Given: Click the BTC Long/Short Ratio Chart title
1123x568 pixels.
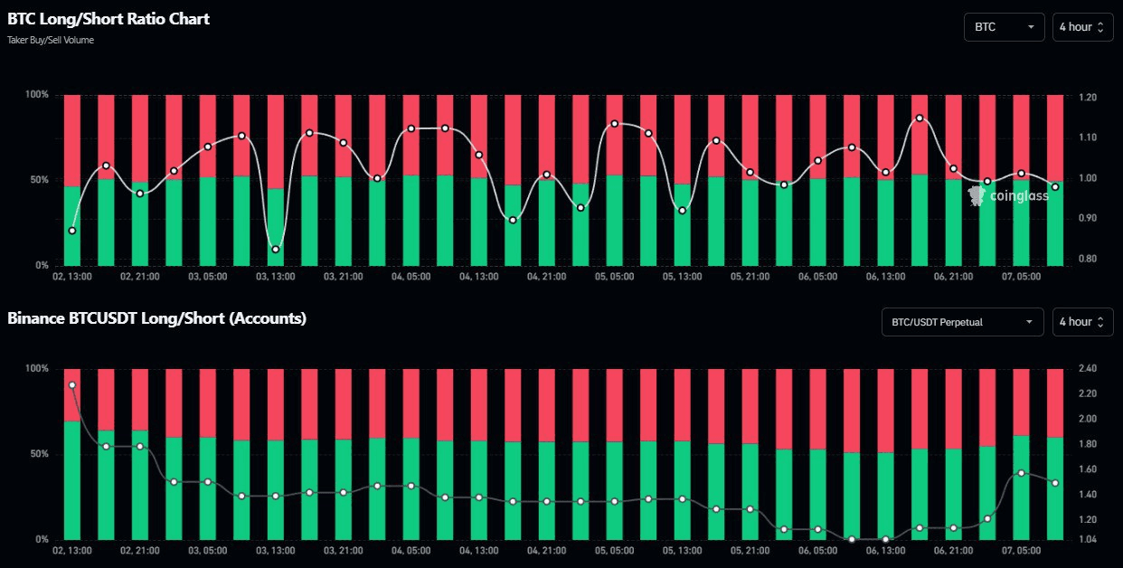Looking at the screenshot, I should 109,19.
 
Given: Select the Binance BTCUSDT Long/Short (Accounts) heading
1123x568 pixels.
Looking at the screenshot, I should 156,318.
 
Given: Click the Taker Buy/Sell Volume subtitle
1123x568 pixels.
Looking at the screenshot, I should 50,40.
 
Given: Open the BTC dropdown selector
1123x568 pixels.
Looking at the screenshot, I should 1004,27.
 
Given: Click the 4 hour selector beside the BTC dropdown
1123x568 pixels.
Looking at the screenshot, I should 1082,27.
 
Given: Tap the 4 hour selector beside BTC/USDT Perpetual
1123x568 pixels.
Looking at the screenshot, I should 1082,322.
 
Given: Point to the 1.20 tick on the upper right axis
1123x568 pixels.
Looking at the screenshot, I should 1086,97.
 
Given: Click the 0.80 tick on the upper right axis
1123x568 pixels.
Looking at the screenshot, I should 1086,260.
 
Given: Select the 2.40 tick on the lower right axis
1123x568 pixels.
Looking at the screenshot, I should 1086,369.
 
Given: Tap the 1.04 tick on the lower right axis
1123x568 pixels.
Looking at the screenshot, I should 1086,540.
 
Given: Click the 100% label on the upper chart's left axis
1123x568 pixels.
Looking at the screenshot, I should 37,95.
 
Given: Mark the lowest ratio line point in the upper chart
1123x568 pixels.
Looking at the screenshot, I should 276,249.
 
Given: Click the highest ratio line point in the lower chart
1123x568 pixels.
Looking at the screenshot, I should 72,385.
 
